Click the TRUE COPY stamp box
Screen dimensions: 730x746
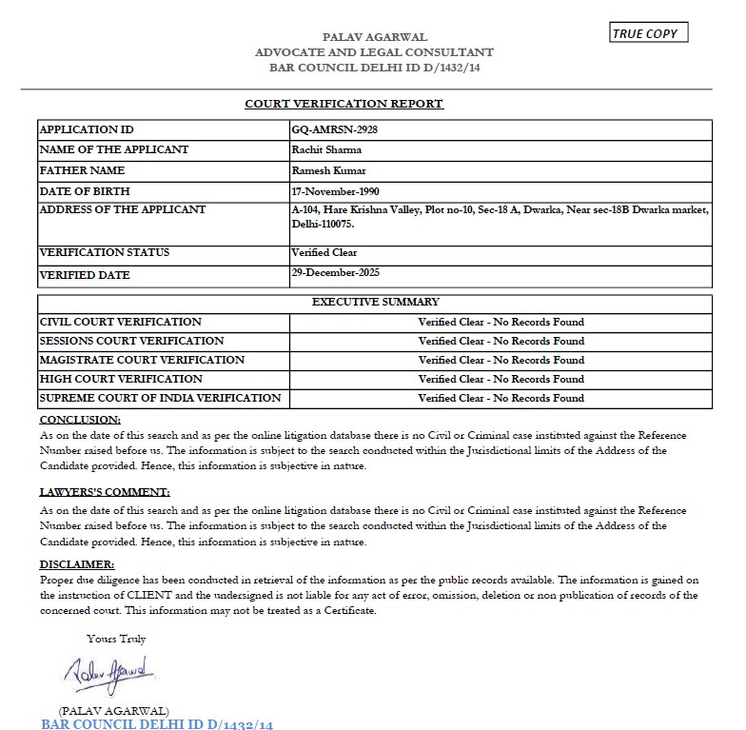647,34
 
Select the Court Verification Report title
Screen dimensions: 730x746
344,104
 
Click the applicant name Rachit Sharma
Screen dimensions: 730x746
325,149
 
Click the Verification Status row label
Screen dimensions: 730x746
105,253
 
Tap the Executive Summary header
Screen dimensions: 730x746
376,302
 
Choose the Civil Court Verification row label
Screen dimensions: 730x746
120,322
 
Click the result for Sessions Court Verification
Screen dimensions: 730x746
501,341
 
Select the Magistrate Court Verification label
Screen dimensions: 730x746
142,360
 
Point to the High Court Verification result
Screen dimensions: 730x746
501,379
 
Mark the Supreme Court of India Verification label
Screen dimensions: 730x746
160,398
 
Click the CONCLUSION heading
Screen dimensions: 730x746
80,420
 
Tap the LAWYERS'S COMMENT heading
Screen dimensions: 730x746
105,492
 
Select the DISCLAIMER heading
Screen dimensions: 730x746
77,564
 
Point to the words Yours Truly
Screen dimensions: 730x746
116,639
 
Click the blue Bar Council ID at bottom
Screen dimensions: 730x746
157,724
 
